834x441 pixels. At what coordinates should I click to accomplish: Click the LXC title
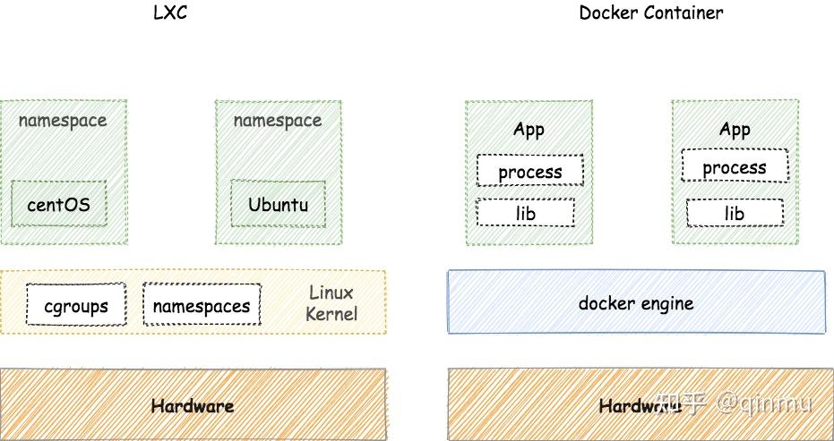point(171,13)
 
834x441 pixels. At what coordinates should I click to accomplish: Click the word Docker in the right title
point(606,13)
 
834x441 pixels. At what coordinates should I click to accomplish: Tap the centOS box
point(59,204)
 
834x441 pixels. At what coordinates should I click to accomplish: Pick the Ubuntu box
point(278,204)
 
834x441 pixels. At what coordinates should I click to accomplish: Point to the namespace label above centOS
point(63,120)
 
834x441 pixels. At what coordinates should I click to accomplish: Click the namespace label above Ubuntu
point(278,120)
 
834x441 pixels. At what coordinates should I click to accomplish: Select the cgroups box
point(76,306)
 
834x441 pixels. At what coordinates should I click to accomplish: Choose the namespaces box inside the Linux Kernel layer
point(202,306)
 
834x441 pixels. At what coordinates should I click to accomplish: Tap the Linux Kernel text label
point(331,303)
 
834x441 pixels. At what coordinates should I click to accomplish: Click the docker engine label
point(636,303)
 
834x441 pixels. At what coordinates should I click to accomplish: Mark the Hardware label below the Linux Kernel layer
point(193,406)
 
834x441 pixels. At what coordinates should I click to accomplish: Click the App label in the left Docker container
point(529,130)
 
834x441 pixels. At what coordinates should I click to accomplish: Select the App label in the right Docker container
point(735,130)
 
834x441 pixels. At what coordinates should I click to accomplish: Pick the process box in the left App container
point(530,171)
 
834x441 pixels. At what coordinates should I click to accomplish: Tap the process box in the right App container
point(735,167)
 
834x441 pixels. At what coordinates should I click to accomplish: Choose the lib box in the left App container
point(526,213)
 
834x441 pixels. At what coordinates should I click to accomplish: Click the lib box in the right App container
point(735,213)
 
